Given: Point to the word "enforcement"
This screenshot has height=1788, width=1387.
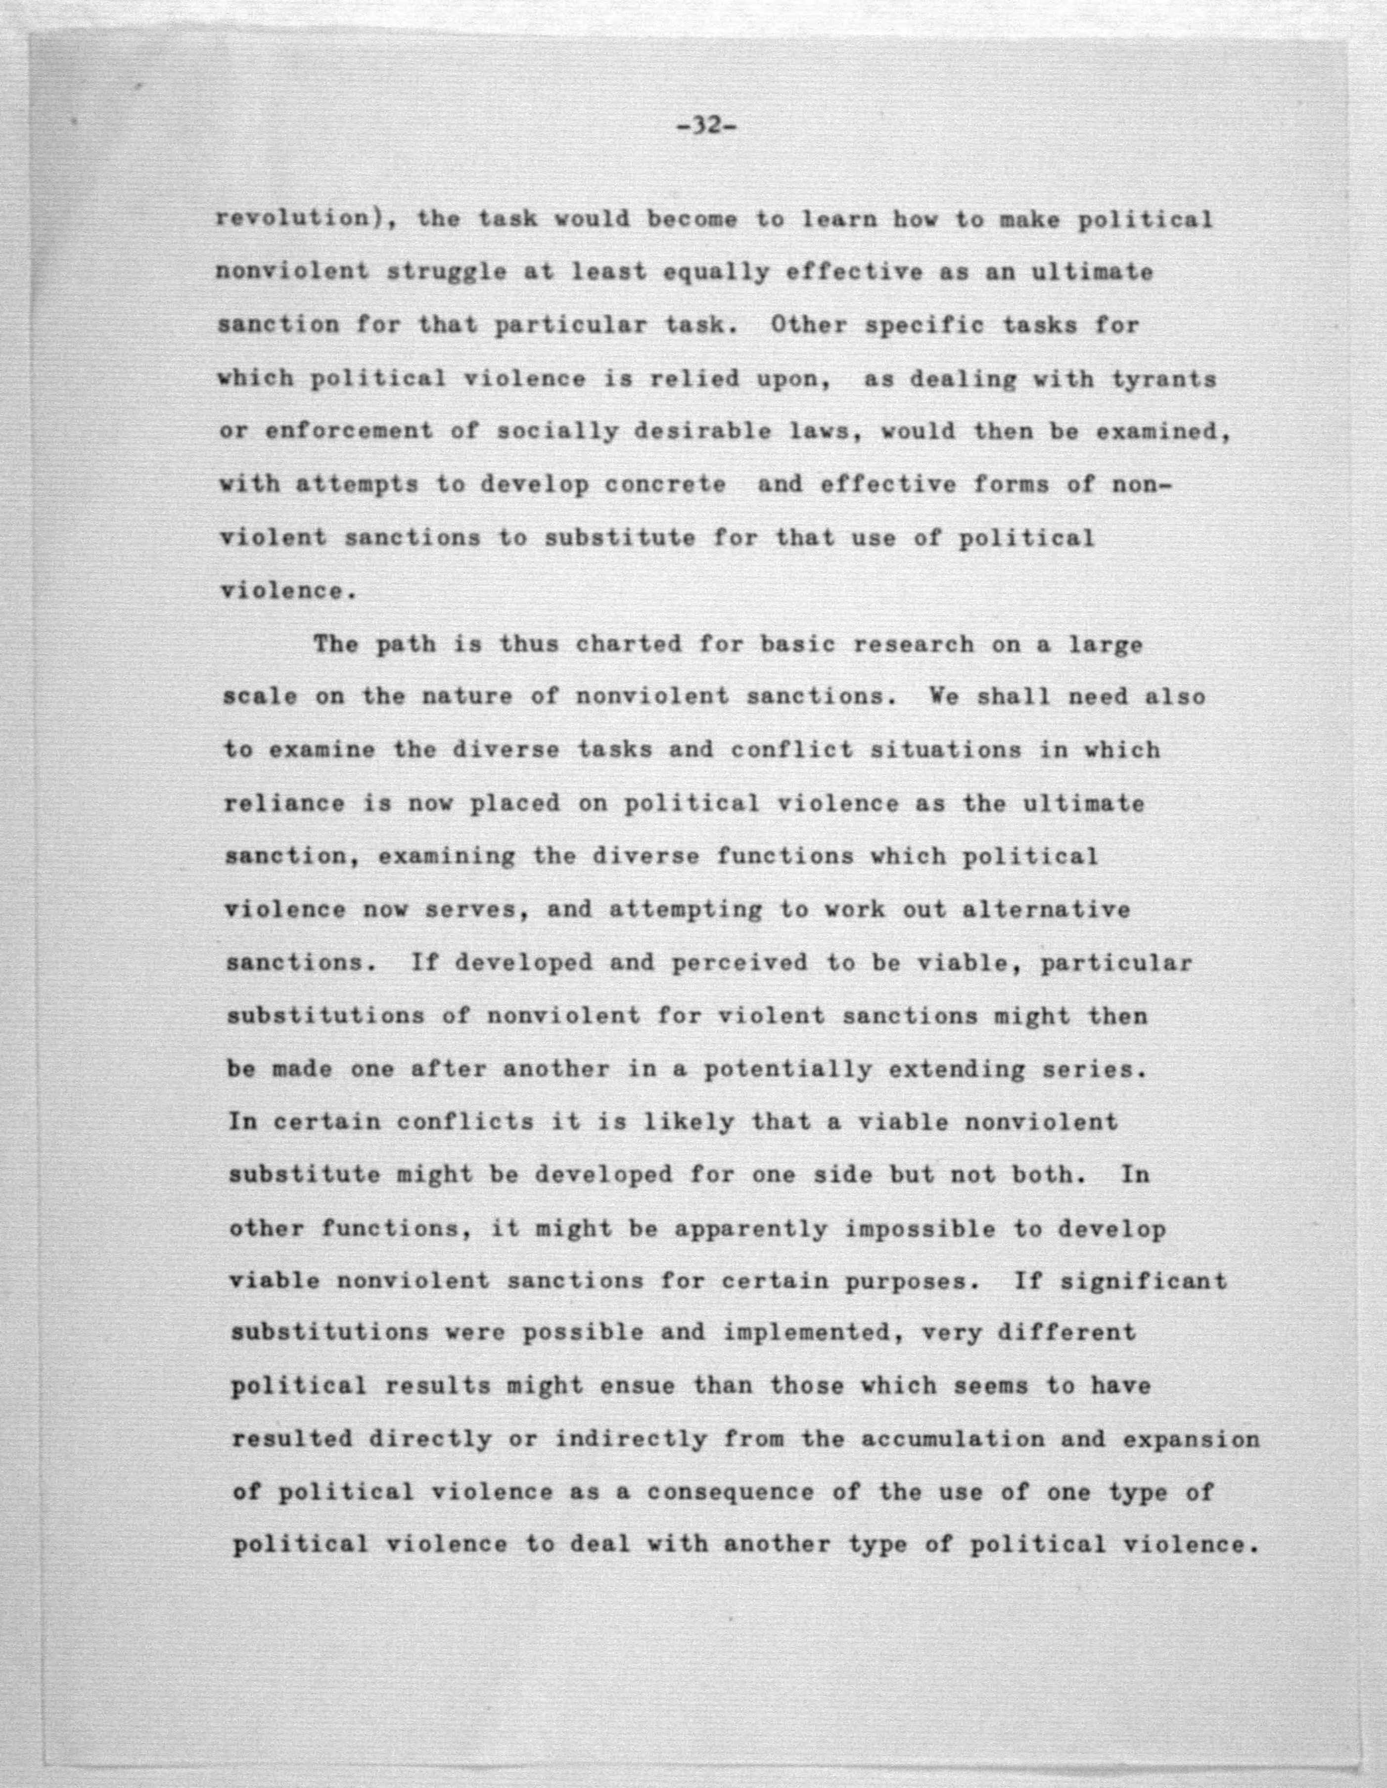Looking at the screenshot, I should pyautogui.click(x=349, y=432).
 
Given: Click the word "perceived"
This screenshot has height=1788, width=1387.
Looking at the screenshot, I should pyautogui.click(x=740, y=963).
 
